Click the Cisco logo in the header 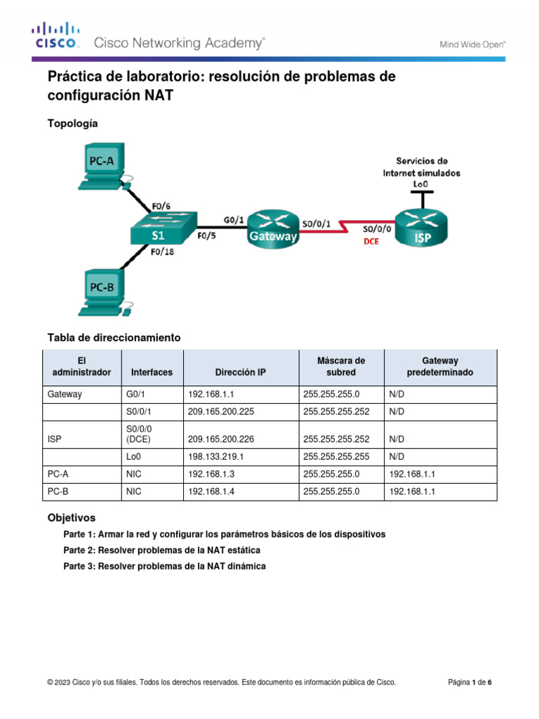click(x=55, y=35)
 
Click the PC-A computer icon click(x=102, y=166)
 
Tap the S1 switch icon click(x=161, y=229)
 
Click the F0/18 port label click(x=164, y=253)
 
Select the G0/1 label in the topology click(x=234, y=219)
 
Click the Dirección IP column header click(x=241, y=372)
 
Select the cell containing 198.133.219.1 click(x=215, y=456)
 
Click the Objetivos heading click(x=71, y=518)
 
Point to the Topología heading click(x=72, y=124)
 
